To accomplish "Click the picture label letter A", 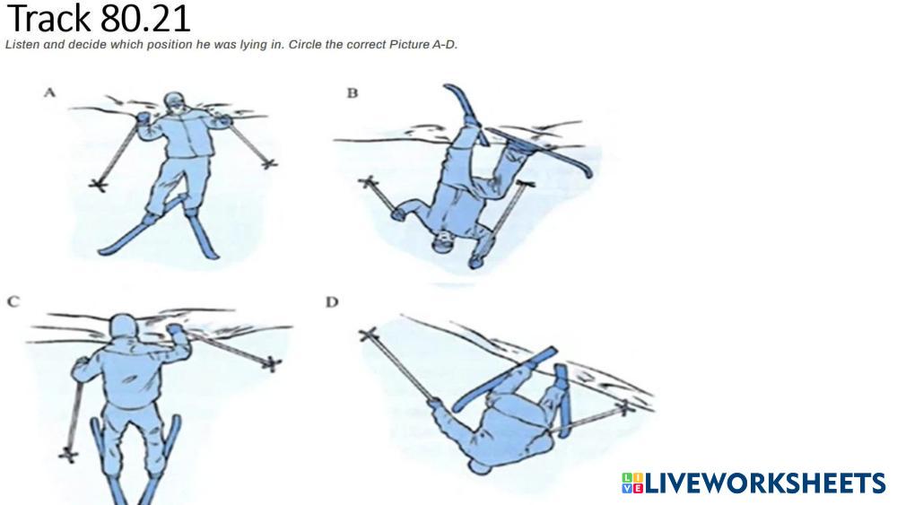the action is click(49, 92).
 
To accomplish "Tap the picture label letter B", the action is click(353, 93).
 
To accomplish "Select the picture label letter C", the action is click(13, 301).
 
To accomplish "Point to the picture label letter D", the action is click(333, 302).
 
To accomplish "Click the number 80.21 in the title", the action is click(145, 18).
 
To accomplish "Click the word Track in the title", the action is click(50, 18).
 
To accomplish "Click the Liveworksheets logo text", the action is click(765, 483).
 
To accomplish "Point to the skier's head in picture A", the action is click(175, 103).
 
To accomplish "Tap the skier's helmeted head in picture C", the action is click(123, 327).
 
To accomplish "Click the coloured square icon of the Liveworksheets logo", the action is click(632, 483).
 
